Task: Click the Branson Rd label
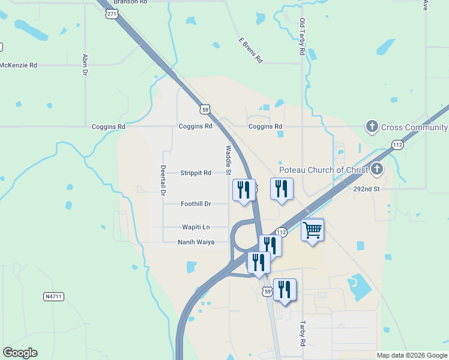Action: coord(130,2)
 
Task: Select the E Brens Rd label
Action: coord(250,50)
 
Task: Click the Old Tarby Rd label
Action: coord(302,37)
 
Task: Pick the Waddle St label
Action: coord(229,158)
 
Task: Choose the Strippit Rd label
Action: coord(196,173)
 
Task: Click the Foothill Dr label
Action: coord(196,204)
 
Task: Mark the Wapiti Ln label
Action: coord(196,227)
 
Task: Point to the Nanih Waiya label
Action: coord(196,242)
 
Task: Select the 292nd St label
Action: coord(367,188)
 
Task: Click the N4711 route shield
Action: coord(53,296)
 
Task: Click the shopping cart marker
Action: coord(313,229)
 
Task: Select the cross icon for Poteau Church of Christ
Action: coord(377,169)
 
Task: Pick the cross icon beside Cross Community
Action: coord(372,127)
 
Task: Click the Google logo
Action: coord(20,353)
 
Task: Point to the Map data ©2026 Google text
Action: coord(411,355)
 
